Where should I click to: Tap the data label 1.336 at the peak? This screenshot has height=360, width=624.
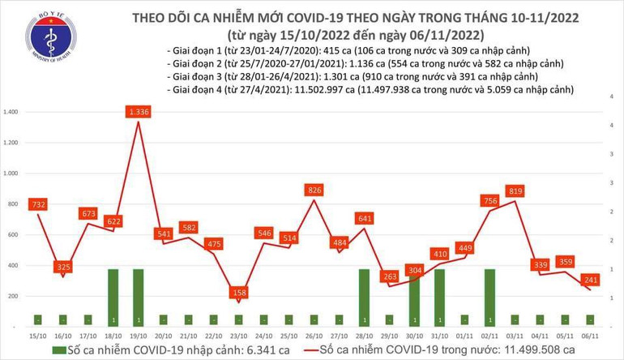click(x=138, y=112)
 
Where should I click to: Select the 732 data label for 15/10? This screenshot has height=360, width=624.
click(x=37, y=205)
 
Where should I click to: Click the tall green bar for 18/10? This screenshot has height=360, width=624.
click(x=113, y=296)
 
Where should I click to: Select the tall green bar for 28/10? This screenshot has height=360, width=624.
click(x=365, y=296)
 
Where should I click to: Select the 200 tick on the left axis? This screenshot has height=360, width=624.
click(x=15, y=298)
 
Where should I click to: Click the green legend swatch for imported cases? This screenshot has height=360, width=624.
click(x=56, y=349)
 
